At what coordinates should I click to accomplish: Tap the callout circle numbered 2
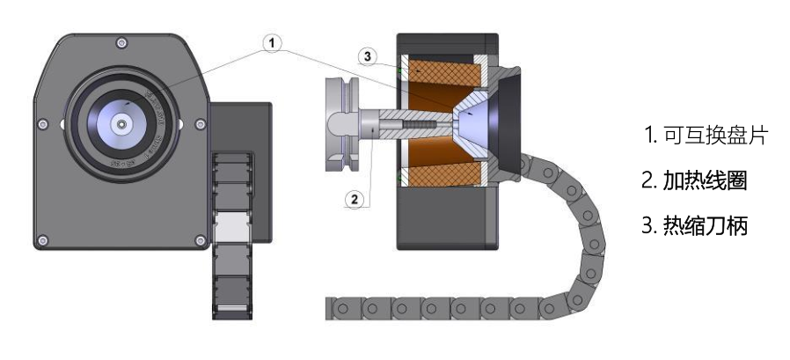pos(355,199)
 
